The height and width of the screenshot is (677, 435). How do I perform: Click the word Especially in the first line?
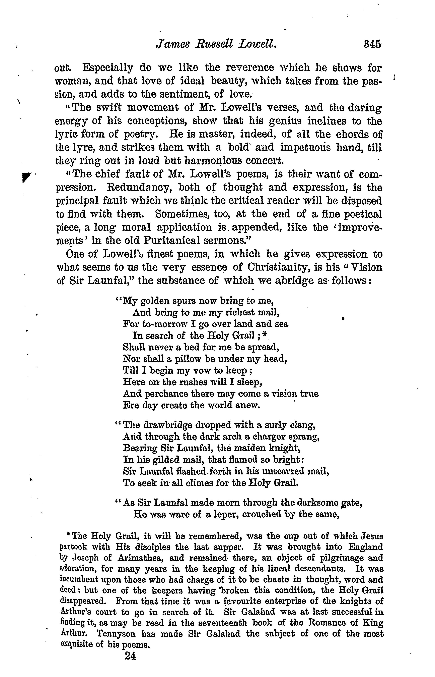[x=107, y=68]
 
